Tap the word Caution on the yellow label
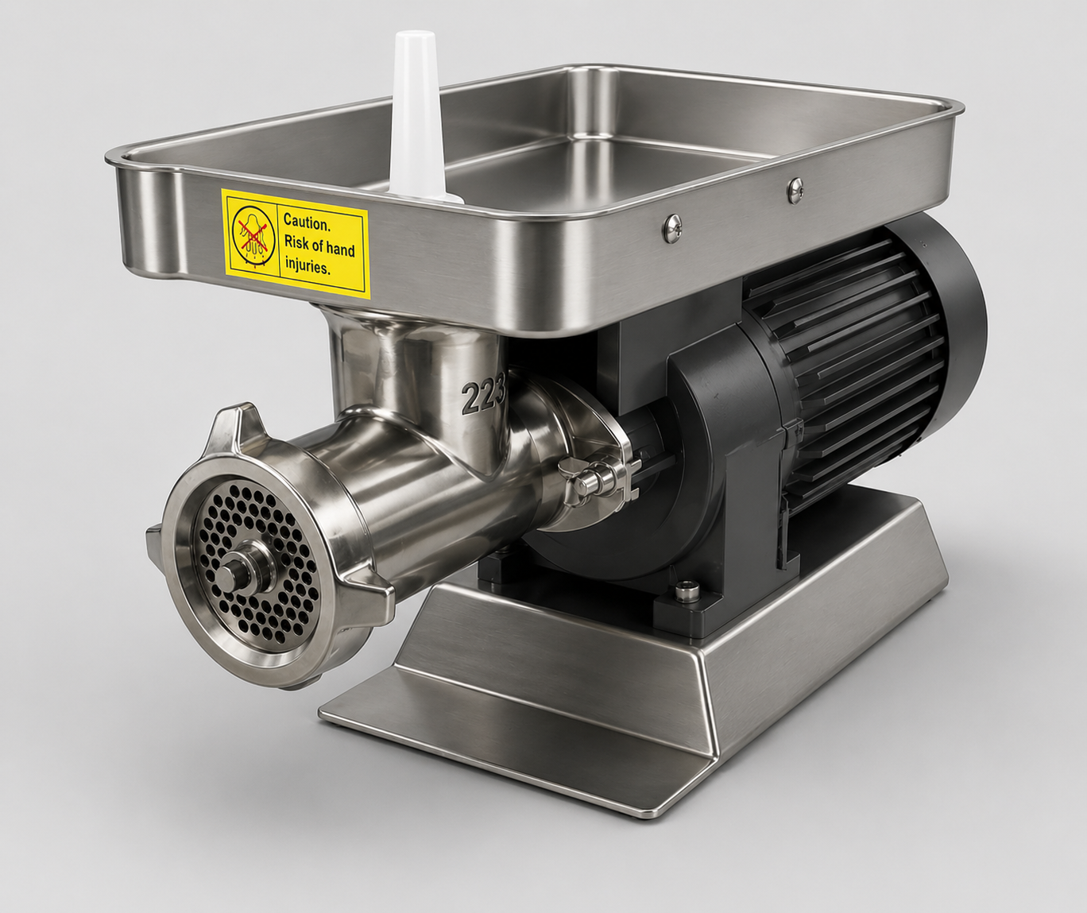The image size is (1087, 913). (x=307, y=222)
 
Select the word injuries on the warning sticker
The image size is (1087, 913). (x=308, y=268)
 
